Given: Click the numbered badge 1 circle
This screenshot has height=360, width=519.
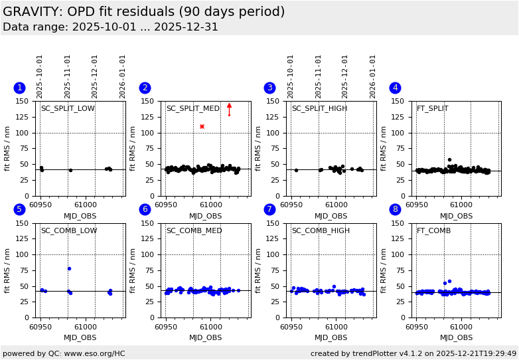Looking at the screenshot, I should (19, 88).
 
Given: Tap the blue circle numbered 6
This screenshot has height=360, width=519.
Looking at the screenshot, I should (145, 209).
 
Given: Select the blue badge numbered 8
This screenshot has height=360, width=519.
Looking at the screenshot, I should (395, 209).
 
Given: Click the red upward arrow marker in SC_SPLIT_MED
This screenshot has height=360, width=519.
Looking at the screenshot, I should (229, 106).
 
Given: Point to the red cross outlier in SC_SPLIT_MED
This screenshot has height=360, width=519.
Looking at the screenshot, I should (202, 126).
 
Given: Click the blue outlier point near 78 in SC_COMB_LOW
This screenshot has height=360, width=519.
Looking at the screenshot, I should (69, 268).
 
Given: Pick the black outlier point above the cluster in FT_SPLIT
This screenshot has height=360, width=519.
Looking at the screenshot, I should (449, 159).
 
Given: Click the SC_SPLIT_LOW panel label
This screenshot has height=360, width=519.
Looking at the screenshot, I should (68, 109).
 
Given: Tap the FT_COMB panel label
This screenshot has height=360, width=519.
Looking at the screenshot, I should (433, 231).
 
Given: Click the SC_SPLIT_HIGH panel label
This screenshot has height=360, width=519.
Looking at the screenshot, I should (319, 109).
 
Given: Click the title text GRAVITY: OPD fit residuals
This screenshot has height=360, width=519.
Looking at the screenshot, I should (143, 12).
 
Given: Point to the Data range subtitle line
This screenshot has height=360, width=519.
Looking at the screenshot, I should (110, 27).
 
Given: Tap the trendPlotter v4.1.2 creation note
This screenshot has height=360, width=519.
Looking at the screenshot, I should (413, 353).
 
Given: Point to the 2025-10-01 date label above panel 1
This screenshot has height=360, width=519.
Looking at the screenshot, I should (40, 76).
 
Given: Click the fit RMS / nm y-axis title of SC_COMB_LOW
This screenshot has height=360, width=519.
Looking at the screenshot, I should (8, 270).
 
